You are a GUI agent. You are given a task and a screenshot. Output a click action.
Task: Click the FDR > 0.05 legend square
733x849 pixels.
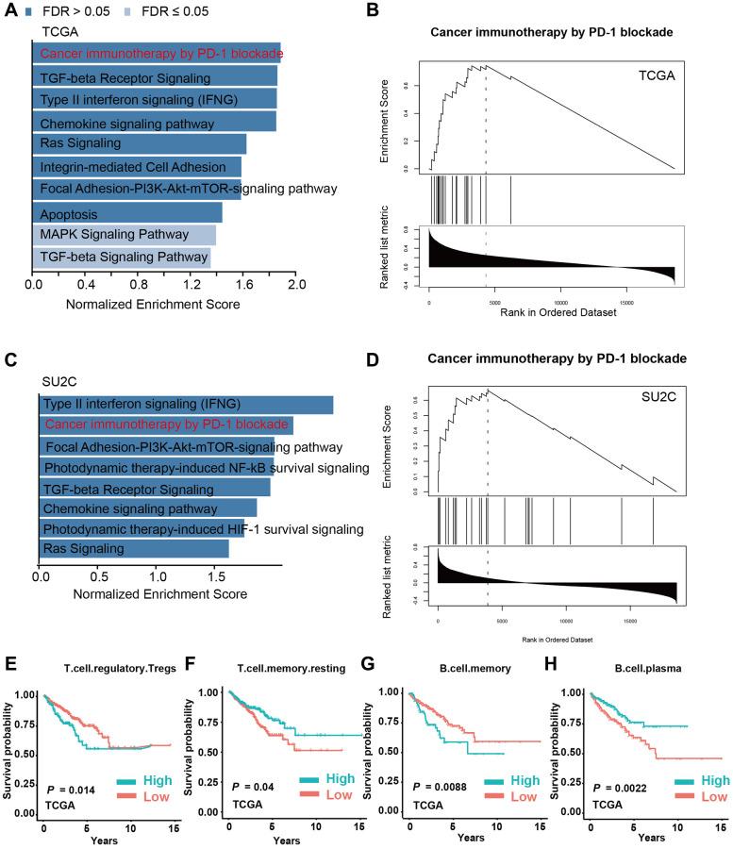pos(28,11)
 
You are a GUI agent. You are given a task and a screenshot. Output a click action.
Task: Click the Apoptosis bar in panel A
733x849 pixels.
pos(127,212)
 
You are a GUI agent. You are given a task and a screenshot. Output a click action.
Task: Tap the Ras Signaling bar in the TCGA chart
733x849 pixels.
pos(140,143)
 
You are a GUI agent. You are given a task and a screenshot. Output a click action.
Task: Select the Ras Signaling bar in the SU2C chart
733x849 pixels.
pos(133,548)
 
